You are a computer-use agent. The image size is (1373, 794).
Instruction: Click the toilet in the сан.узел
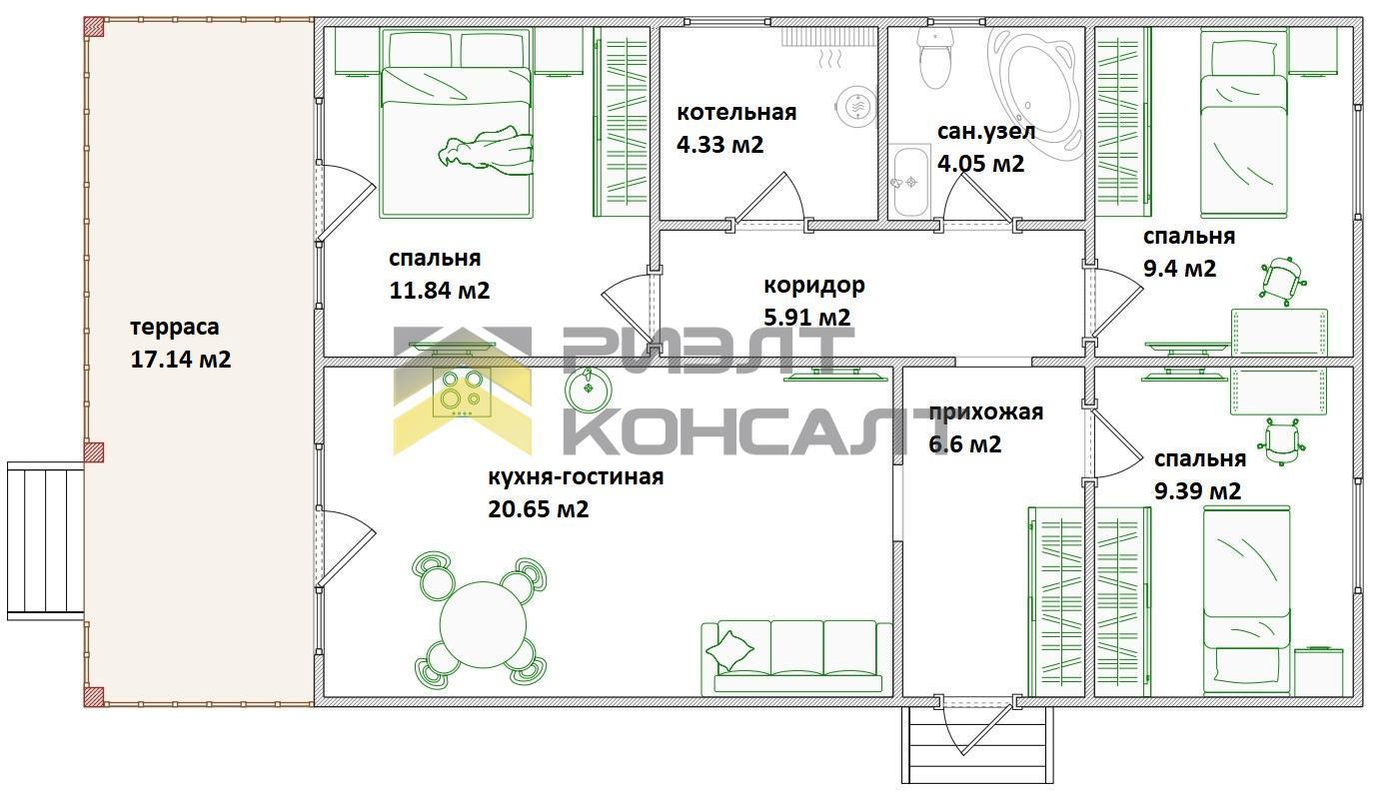pyautogui.click(x=934, y=59)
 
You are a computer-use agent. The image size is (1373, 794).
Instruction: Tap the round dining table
pyautogui.click(x=483, y=625)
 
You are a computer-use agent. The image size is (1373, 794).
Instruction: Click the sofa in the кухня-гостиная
pyautogui.click(x=796, y=657)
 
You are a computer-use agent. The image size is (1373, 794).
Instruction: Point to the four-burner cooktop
pyautogui.click(x=461, y=393)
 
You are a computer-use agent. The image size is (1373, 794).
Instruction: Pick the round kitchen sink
pyautogui.click(x=589, y=388)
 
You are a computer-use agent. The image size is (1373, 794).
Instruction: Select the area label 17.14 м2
pyautogui.click(x=181, y=359)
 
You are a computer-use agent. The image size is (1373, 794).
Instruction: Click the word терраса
pyautogui.click(x=175, y=328)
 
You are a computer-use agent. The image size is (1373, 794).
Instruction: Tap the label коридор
pyautogui.click(x=814, y=286)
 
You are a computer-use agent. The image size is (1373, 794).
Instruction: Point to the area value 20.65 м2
pyautogui.click(x=539, y=508)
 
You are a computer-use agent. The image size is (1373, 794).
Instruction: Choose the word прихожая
pyautogui.click(x=986, y=412)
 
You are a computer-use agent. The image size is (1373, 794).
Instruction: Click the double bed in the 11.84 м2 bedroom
pyautogui.click(x=456, y=123)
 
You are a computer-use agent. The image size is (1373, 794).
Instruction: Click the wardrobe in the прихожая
pyautogui.click(x=1056, y=601)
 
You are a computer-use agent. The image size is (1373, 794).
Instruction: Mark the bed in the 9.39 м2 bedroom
pyautogui.click(x=1247, y=600)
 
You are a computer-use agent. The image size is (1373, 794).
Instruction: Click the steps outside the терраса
pyautogui.click(x=45, y=541)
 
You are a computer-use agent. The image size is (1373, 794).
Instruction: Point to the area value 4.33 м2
pyautogui.click(x=720, y=145)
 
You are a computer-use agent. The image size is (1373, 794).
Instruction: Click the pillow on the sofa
pyautogui.click(x=729, y=650)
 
